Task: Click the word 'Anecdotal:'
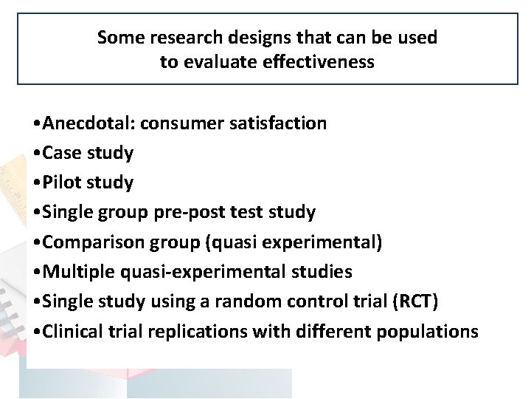click(88, 123)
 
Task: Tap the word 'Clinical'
click(72, 331)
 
